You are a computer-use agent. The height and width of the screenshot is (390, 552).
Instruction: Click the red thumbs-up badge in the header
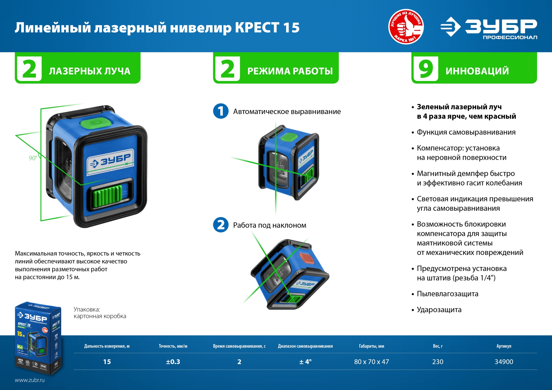coord(406,26)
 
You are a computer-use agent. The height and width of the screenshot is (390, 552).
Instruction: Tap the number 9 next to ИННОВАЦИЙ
coord(426,69)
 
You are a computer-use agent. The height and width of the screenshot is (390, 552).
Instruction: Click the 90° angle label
coord(33,158)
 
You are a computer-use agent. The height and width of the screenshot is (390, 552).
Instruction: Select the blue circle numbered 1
coord(221,111)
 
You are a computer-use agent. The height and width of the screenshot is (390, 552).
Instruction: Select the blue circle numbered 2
coord(221,225)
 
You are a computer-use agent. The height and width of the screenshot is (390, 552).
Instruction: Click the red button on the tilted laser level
coord(307,258)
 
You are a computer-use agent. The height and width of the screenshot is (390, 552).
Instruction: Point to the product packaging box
coord(38,338)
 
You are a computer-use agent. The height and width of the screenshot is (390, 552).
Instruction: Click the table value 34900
coord(504,362)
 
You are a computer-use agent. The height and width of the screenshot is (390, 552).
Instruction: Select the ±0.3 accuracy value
coord(173,362)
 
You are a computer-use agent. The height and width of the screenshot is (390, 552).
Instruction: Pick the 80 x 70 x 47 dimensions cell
coord(371,362)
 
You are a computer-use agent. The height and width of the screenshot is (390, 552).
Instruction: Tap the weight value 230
coord(438,362)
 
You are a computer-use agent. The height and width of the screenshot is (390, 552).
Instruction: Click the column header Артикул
coord(504,346)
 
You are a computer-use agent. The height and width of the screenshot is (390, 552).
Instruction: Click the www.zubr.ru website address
coord(30,380)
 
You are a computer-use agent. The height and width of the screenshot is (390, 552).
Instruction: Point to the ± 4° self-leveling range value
coord(305,362)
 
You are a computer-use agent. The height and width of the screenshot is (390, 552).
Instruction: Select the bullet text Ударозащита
coord(439,310)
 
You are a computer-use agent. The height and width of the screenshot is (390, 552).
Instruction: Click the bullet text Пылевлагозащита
coord(447,294)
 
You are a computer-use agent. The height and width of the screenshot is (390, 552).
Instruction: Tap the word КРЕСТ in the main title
coord(257,28)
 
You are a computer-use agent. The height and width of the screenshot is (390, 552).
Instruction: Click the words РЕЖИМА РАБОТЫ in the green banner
coord(290,71)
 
